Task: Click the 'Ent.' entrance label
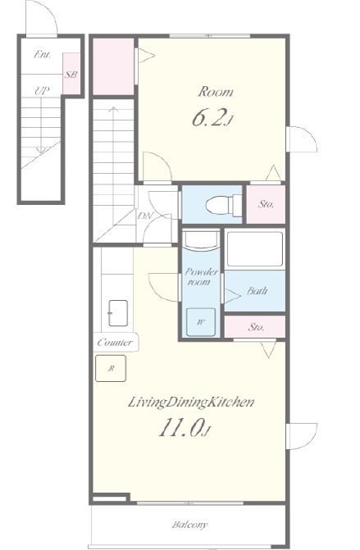coord(43,54)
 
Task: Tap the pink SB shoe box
coord(71,73)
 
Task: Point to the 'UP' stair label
coord(42,91)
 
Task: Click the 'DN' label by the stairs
coord(145,216)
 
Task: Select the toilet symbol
coord(224,205)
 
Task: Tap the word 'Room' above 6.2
coord(216,92)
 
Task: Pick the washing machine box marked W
coord(200,322)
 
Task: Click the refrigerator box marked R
coord(111,368)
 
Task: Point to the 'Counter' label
coord(115,343)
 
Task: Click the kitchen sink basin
coord(118,313)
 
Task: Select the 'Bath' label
coord(257,291)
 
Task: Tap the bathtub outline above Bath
coord(255,249)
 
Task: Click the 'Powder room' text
coord(201,277)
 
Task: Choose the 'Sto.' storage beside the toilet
coord(266,204)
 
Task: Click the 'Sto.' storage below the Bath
coord(255,327)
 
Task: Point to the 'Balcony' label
coord(189,525)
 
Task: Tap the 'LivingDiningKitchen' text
coord(191,402)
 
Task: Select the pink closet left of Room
coord(113,66)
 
